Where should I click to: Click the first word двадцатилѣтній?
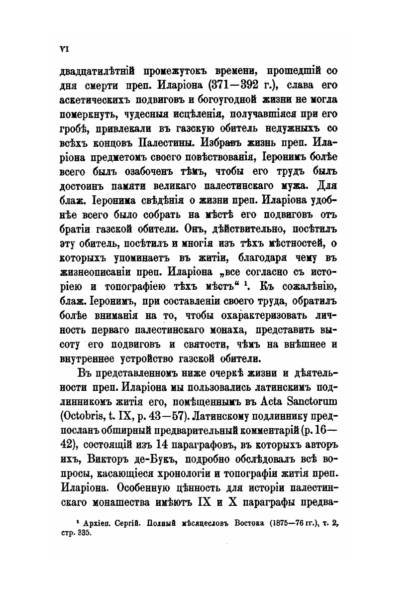coord(95,71)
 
